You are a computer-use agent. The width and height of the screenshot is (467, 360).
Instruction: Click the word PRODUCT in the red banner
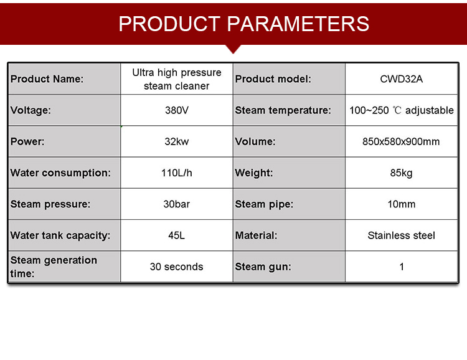tap(169, 24)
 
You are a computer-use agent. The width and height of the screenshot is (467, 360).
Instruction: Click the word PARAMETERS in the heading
tap(298, 24)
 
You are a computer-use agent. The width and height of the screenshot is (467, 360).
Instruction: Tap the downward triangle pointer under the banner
tap(233, 49)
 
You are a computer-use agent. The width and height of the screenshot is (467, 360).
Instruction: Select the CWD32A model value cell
tap(401, 79)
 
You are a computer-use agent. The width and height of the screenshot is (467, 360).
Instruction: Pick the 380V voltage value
tap(177, 110)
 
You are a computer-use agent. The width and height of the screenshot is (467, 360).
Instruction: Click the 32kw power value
tap(177, 141)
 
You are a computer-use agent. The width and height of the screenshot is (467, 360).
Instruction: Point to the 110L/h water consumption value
tap(177, 173)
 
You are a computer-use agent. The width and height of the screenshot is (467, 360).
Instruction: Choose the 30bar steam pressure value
tap(177, 204)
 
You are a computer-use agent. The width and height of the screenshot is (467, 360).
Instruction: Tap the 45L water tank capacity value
tap(177, 235)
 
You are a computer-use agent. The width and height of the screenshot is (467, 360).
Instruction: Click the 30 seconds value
tap(177, 267)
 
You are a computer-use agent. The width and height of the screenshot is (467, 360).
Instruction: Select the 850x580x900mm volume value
tap(401, 141)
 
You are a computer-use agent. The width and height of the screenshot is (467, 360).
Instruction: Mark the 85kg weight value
tap(401, 173)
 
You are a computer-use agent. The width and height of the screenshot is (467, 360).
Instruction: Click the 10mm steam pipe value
tap(401, 204)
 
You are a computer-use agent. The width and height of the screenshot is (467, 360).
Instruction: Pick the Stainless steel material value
tap(401, 235)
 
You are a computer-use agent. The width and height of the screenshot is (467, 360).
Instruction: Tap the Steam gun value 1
tap(402, 267)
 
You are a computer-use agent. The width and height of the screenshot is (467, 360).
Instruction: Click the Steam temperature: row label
tap(283, 110)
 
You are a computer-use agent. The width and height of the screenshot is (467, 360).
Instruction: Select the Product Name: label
tap(47, 79)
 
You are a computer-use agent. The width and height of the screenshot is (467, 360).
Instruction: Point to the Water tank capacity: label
tap(60, 235)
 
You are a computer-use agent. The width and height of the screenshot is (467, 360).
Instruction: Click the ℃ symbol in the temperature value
tap(397, 110)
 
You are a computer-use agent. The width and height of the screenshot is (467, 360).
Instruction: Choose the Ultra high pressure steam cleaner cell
tap(177, 79)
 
